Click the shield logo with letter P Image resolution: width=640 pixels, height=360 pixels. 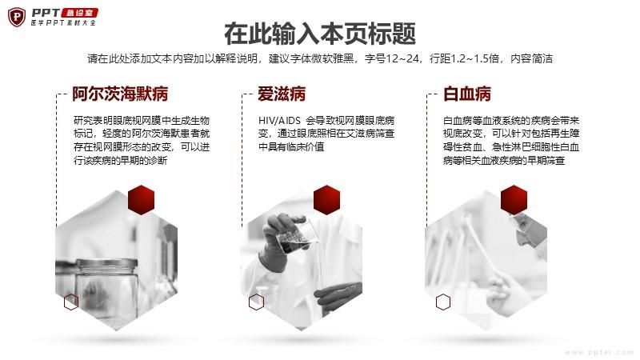(x=17, y=17)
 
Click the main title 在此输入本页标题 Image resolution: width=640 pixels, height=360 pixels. (x=320, y=34)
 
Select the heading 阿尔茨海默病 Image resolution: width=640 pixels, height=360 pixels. (x=120, y=94)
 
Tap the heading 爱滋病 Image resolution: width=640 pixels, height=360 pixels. (x=282, y=94)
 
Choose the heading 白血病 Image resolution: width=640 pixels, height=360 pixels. (x=467, y=94)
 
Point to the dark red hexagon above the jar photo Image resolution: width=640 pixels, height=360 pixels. (x=142, y=200)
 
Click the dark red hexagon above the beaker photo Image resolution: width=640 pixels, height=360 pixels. (x=326, y=200)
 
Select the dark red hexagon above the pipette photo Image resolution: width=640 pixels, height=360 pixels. (x=514, y=200)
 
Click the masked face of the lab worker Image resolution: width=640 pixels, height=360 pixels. (x=528, y=229)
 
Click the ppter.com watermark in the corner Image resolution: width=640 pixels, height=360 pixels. (x=599, y=352)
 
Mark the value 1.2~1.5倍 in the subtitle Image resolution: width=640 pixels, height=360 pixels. (x=474, y=58)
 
